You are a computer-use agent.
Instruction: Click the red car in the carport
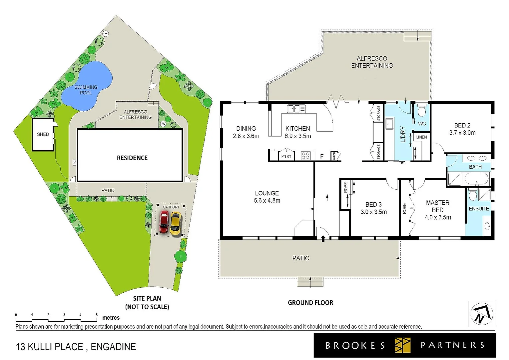[164, 222]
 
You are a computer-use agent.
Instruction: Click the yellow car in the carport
[176, 223]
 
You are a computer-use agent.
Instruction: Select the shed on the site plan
[43, 134]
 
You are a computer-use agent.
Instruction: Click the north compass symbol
[481, 314]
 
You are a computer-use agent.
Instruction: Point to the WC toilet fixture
[422, 110]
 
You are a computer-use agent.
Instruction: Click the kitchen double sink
[296, 109]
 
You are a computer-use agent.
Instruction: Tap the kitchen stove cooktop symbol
[305, 156]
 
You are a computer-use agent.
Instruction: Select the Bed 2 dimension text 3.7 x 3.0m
[462, 133]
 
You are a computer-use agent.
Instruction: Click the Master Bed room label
[437, 206]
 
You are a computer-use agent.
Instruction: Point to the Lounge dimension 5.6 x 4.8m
[267, 201]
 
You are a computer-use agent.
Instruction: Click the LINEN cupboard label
[421, 137]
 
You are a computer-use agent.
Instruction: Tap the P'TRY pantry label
[286, 156]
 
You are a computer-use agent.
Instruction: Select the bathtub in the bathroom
[476, 179]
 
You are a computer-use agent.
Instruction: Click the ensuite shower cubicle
[484, 195]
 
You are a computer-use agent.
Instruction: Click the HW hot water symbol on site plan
[163, 124]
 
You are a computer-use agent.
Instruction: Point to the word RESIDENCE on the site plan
[132, 158]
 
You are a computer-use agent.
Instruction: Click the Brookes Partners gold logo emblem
[402, 345]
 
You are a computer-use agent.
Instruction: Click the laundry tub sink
[389, 124]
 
